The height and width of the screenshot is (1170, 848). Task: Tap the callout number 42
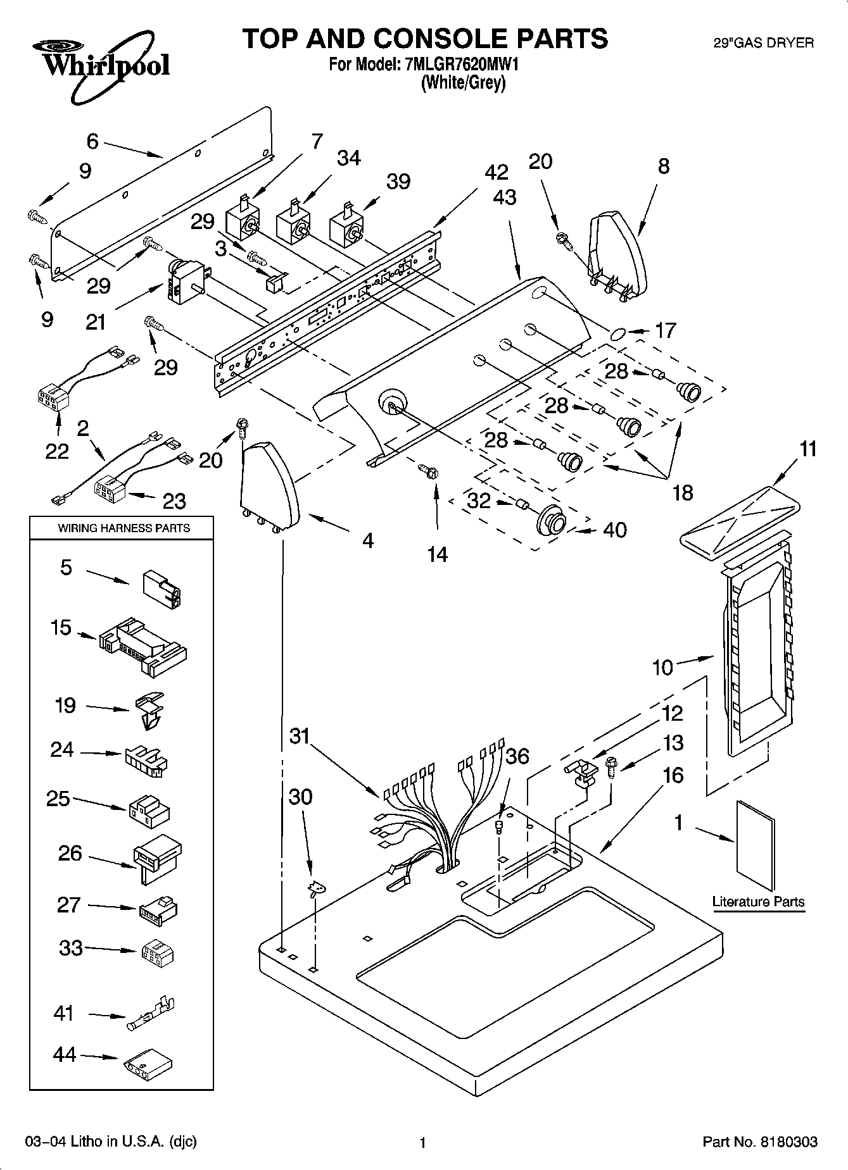point(497,172)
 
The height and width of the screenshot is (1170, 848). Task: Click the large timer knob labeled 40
point(551,521)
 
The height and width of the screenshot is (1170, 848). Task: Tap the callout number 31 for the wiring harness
point(300,737)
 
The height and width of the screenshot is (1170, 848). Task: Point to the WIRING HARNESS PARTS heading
point(123,528)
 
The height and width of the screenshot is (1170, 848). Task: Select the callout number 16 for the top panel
point(673,775)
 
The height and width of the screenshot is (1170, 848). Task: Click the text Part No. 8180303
point(759,1142)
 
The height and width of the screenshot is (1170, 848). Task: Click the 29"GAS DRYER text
point(763,43)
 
